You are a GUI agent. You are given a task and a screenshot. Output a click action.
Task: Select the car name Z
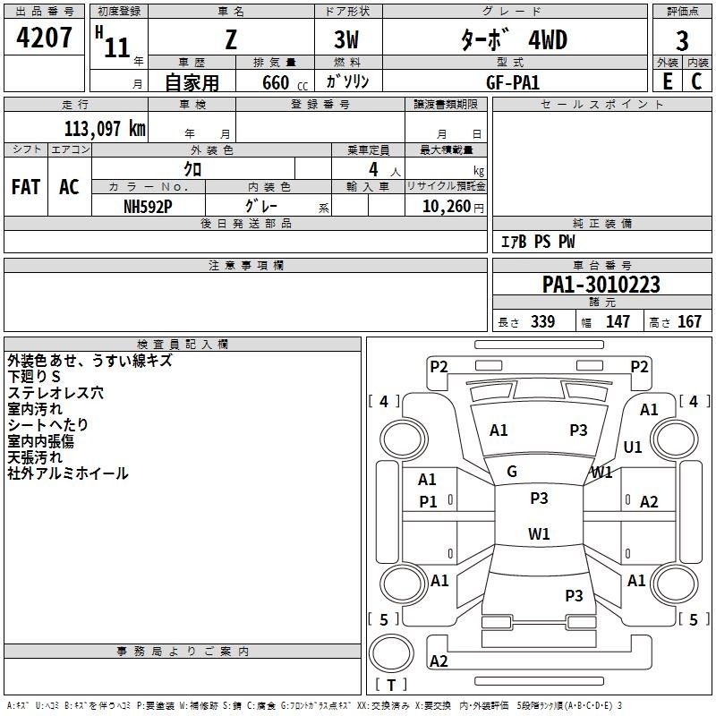(x=231, y=40)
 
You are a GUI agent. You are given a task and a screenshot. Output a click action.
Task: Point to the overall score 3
(x=682, y=40)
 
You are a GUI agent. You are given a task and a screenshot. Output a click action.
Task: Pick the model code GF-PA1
(x=513, y=81)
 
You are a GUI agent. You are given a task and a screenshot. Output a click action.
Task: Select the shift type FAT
(x=25, y=187)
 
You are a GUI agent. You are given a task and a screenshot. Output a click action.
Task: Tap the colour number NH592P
(x=148, y=205)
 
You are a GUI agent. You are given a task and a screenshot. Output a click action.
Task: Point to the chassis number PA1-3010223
(x=601, y=285)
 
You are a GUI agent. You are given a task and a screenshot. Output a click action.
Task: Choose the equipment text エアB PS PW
(x=538, y=242)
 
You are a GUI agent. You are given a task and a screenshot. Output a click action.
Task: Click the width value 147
(x=618, y=321)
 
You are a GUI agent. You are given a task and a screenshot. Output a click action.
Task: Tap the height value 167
(x=689, y=321)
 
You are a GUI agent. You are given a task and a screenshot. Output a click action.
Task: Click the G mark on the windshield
(x=512, y=471)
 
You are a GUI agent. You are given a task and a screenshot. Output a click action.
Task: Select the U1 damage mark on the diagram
(x=633, y=447)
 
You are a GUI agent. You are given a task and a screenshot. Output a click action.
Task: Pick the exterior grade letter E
(x=667, y=81)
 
